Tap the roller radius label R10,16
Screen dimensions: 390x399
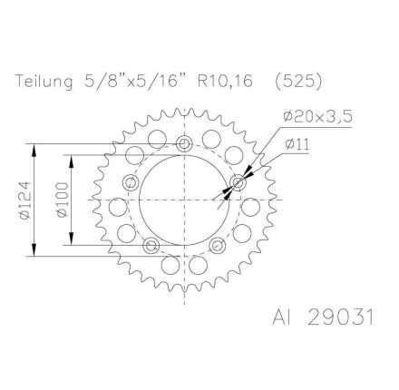tap(228, 81)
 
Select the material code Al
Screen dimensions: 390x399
tap(281, 319)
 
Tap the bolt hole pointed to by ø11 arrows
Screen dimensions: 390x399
tap(238, 184)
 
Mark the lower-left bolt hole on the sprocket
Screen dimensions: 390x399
tap(151, 246)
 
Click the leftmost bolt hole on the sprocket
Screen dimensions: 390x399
tap(131, 184)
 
